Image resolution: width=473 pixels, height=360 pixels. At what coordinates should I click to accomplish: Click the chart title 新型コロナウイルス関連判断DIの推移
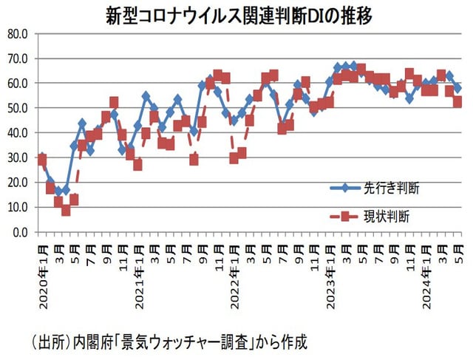click(236, 16)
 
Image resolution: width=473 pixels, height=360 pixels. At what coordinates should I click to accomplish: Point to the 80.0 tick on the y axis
click(17, 33)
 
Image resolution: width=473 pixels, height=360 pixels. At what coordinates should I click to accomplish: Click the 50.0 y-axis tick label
click(17, 108)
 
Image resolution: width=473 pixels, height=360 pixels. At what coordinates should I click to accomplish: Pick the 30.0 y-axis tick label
click(17, 157)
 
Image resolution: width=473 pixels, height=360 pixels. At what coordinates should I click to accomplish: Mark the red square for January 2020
click(42, 160)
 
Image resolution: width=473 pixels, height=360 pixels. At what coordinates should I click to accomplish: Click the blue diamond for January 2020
click(42, 157)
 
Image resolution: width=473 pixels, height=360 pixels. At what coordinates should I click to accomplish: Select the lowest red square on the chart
click(66, 211)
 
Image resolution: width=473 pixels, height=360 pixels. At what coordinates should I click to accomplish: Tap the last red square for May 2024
click(457, 103)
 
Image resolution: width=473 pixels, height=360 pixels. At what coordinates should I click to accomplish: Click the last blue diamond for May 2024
click(457, 88)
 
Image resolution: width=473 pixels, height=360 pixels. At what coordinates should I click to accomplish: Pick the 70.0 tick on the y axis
click(17, 58)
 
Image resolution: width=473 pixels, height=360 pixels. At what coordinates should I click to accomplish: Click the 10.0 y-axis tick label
click(17, 207)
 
